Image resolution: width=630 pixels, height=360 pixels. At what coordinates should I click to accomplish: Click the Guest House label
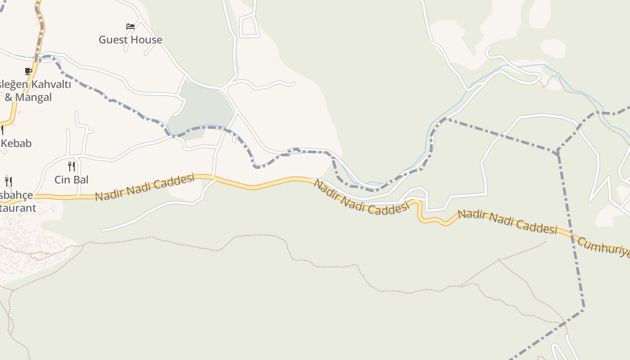[130, 40]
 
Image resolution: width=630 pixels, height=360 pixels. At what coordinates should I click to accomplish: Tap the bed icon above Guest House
[130, 27]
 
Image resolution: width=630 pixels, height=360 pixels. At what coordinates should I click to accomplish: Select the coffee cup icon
[28, 71]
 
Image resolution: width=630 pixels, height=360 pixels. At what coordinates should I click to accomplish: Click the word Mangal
[34, 97]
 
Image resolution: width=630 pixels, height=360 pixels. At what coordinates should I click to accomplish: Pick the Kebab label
[16, 144]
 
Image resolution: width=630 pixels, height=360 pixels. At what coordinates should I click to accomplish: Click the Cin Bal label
[71, 180]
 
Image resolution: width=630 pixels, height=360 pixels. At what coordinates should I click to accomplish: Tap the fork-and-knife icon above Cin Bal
[71, 166]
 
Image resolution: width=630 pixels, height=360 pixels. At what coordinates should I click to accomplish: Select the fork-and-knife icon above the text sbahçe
[9, 182]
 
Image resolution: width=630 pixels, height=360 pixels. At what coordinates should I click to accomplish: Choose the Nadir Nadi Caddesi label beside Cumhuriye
[508, 222]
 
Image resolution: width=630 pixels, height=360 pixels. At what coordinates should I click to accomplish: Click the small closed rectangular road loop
[249, 27]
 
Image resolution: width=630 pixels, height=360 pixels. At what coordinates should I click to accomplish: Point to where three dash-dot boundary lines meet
[558, 153]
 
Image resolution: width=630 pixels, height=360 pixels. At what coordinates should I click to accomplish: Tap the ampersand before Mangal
[9, 97]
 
